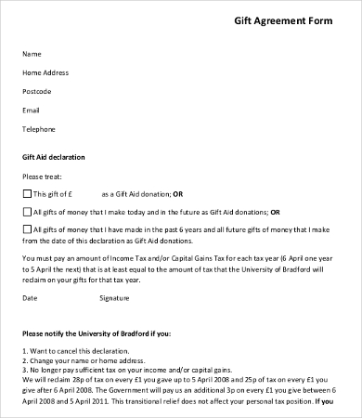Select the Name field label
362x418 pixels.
pyautogui.click(x=32, y=54)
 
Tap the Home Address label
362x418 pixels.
pyautogui.click(x=45, y=72)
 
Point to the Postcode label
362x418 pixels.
pyautogui.click(x=37, y=91)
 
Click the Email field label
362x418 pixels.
pyautogui.click(x=32, y=110)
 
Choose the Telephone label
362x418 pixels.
pyautogui.click(x=39, y=129)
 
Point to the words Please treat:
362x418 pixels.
pyautogui.click(x=41, y=175)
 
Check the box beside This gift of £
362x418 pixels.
pyautogui.click(x=26, y=193)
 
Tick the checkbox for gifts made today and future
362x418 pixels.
pyautogui.click(x=26, y=212)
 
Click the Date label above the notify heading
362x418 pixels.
pyautogui.click(x=30, y=298)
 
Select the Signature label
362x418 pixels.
pyautogui.click(x=115, y=298)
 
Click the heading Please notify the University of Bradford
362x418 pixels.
pyautogui.click(x=110, y=332)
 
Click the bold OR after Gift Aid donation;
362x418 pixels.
pyautogui.click(x=179, y=193)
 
